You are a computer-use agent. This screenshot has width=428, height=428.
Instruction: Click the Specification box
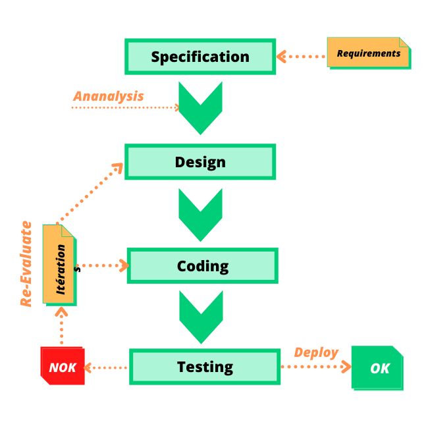200,57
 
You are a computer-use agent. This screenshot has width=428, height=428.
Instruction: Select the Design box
200,162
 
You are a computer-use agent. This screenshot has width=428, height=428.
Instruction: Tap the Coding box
202,266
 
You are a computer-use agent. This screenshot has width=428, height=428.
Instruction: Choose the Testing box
204,367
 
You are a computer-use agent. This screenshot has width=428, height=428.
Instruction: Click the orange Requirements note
369,53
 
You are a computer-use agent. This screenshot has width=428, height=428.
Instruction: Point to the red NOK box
63,367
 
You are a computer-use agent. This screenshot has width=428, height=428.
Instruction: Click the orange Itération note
59,265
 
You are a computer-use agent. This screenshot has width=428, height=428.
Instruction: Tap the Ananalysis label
108,96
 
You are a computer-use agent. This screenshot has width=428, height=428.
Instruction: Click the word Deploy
316,352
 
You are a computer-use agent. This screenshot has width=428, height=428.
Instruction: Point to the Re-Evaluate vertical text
26,263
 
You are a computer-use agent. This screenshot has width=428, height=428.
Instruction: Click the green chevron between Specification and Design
200,108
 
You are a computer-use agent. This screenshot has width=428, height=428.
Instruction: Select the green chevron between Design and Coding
200,215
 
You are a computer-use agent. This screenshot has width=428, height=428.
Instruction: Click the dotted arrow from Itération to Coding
102,266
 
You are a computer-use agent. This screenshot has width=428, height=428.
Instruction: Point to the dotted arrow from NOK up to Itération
62,326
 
